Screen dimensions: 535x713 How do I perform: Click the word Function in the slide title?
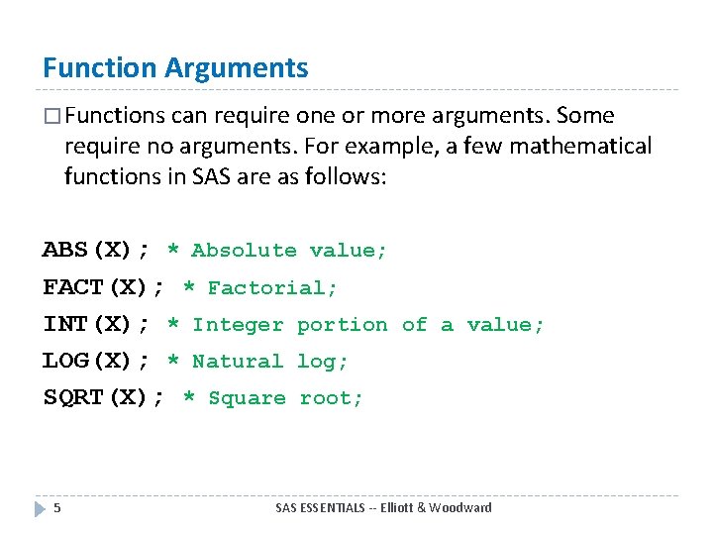[100, 68]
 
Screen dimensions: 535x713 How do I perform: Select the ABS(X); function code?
[96, 251]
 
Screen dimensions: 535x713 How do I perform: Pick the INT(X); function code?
[96, 325]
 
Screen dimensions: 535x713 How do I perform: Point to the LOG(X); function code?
[96, 362]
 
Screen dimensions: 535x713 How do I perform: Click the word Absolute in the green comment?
[244, 251]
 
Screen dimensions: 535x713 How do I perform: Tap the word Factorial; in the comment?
[272, 288]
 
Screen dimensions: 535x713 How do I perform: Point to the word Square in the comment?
[248, 398]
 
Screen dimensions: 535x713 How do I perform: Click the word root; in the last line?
[332, 398]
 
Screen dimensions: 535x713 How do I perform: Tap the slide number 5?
[57, 508]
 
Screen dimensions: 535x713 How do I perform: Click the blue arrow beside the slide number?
[40, 508]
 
